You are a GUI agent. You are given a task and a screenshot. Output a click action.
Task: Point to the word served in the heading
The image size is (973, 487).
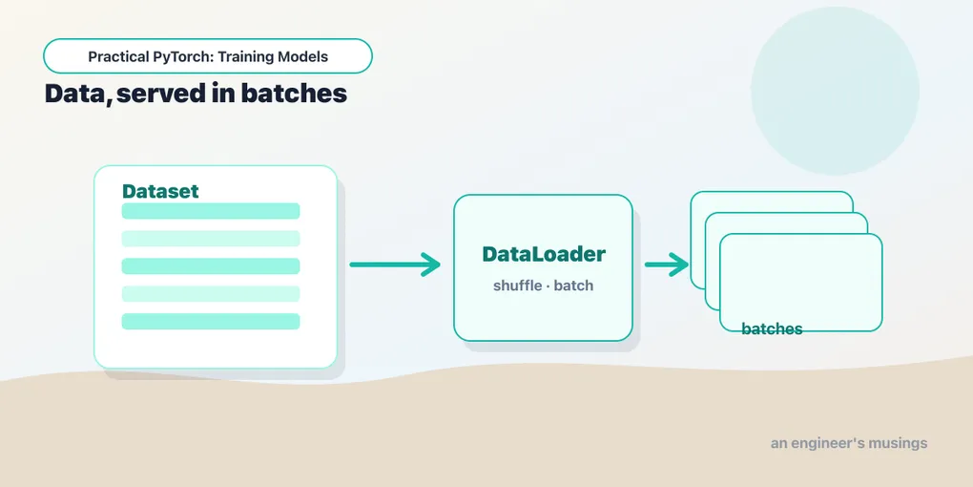tap(160, 94)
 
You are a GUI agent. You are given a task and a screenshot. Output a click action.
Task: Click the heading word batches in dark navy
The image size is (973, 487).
tap(294, 94)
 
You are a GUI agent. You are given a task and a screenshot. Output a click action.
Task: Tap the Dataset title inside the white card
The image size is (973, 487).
tap(160, 191)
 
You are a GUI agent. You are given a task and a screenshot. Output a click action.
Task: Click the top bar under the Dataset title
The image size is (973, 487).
tap(211, 211)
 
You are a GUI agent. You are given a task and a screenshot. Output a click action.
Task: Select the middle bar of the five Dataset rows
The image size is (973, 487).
tap(211, 265)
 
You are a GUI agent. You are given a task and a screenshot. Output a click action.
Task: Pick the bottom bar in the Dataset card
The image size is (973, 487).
tap(211, 321)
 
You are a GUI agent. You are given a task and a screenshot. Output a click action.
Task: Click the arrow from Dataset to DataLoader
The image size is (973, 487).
tap(395, 265)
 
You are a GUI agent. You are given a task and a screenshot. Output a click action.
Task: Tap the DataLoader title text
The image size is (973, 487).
tap(544, 254)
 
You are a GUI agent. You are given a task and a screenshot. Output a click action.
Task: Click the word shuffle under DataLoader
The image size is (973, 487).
tap(517, 286)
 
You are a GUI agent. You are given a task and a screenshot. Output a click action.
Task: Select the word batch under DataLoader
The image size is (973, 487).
tap(573, 286)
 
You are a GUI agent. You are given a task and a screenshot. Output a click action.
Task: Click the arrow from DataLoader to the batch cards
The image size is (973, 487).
tap(667, 265)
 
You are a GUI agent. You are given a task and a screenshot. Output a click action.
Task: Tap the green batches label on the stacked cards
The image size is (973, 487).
tap(772, 329)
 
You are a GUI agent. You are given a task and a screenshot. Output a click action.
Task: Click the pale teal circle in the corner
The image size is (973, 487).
tap(835, 92)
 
